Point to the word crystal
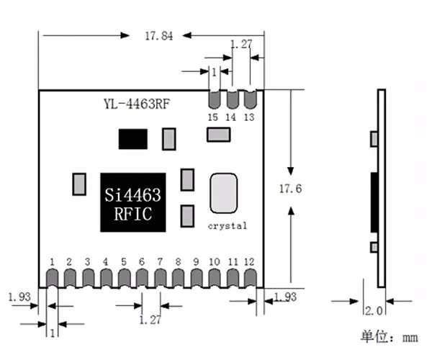(227, 225)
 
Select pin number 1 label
(52, 261)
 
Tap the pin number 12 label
(249, 261)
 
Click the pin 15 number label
(213, 117)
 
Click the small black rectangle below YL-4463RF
(132, 138)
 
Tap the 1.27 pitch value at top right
(241, 45)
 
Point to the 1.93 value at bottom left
(19, 296)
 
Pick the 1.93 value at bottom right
(286, 296)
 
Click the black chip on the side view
(374, 203)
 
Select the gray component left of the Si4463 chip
(79, 184)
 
